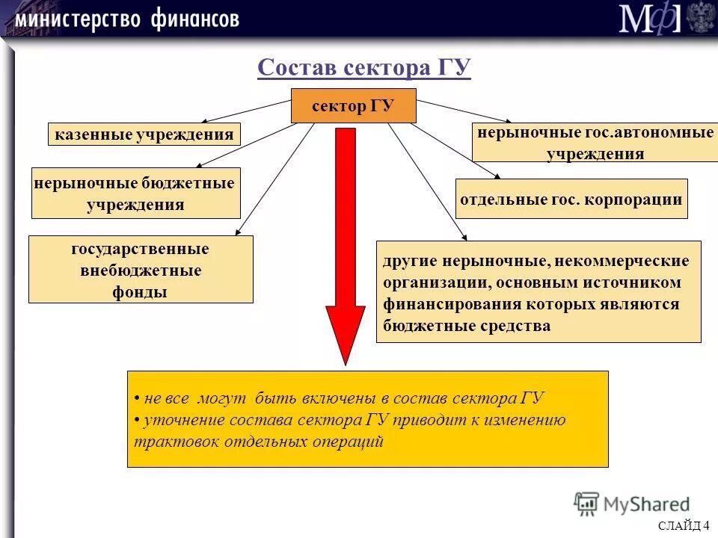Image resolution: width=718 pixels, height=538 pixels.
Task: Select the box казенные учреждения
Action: click(x=144, y=134)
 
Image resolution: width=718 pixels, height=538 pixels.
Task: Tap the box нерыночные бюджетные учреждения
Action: click(x=135, y=194)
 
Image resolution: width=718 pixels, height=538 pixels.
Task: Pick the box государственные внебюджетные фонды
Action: click(x=141, y=270)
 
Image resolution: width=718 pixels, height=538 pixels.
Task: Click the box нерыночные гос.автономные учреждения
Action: click(x=595, y=143)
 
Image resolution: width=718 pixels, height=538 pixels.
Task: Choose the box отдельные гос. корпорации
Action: click(x=571, y=199)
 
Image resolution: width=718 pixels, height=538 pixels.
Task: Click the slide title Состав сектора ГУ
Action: click(x=363, y=68)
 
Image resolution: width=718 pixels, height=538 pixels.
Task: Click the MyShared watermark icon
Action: click(x=587, y=505)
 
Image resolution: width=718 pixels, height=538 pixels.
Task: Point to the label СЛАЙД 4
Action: click(x=684, y=526)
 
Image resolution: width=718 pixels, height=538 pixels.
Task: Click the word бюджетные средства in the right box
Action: click(x=467, y=326)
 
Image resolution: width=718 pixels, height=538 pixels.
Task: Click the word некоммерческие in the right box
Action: click(x=620, y=262)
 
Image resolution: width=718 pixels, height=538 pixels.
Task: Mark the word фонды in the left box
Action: click(x=140, y=292)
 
